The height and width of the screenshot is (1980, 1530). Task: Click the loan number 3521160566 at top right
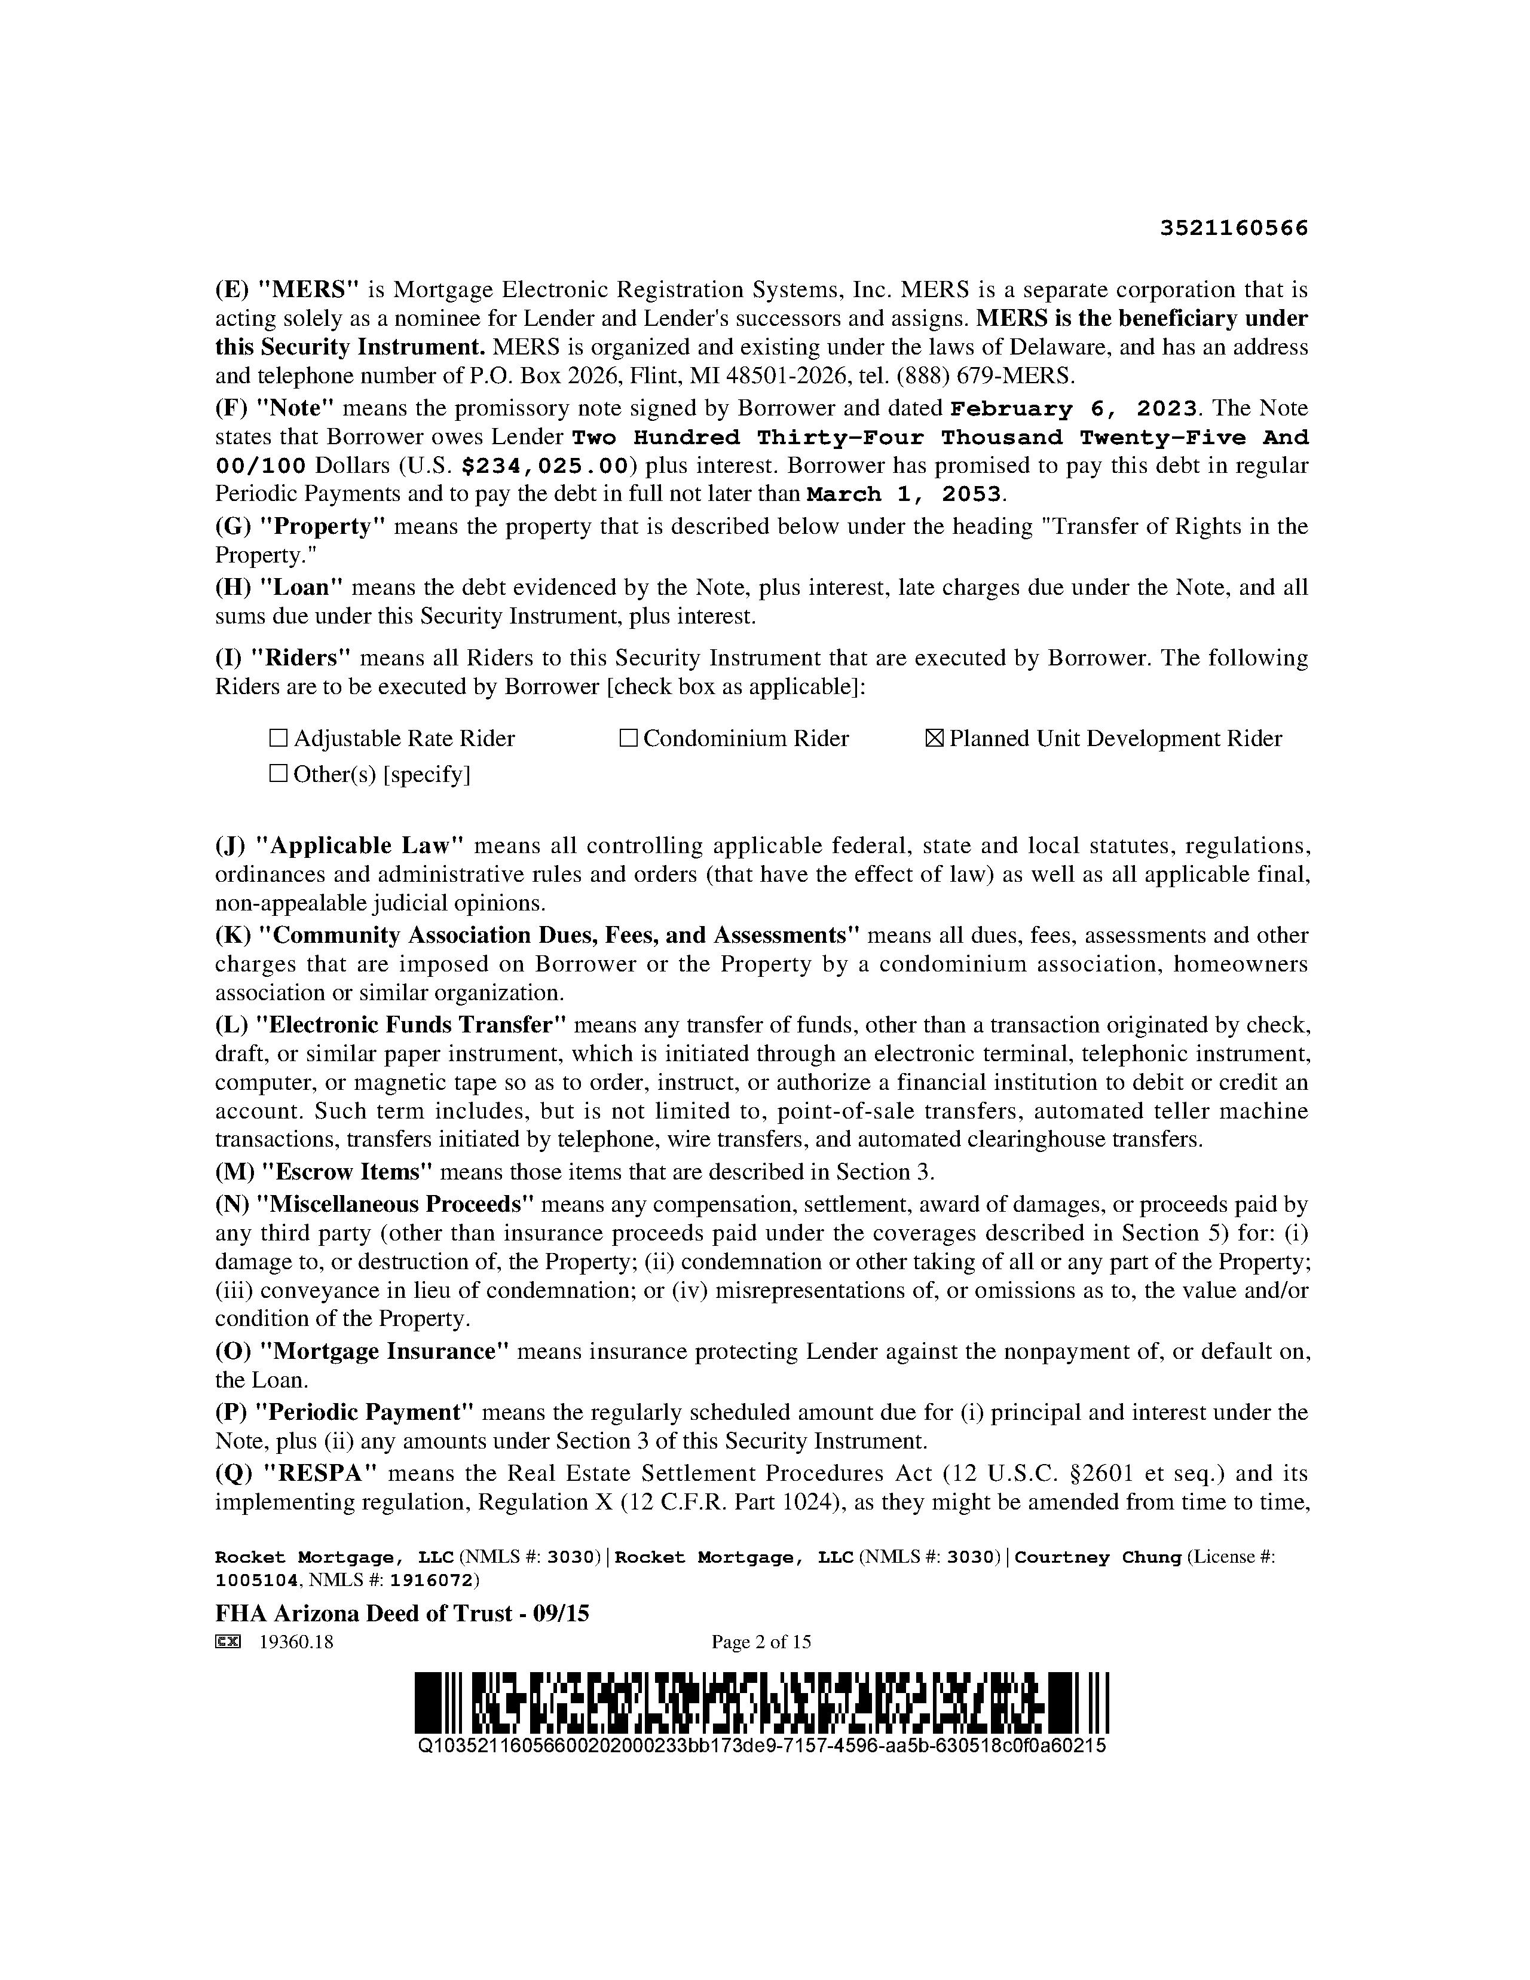1235,228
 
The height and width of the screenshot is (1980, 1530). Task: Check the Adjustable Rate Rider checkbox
279,739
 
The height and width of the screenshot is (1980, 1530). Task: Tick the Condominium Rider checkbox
628,739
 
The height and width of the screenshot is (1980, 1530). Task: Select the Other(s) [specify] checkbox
279,774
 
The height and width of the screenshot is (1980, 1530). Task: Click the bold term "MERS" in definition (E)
309,290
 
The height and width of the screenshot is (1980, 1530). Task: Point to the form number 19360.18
295,1642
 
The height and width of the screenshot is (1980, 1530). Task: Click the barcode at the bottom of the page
761,1701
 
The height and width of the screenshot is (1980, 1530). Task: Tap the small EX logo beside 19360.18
228,1642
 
